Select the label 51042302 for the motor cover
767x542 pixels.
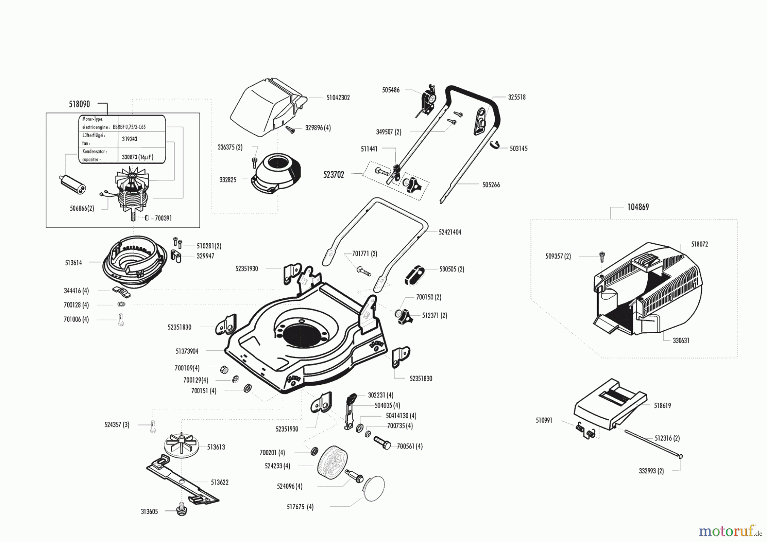tap(338, 98)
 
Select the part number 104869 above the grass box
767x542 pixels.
tap(638, 207)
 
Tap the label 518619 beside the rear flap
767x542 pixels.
tap(662, 406)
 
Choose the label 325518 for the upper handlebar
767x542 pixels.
tap(516, 97)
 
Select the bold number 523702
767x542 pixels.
tap(334, 175)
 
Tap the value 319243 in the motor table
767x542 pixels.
tap(130, 139)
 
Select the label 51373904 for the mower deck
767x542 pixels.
tap(187, 351)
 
